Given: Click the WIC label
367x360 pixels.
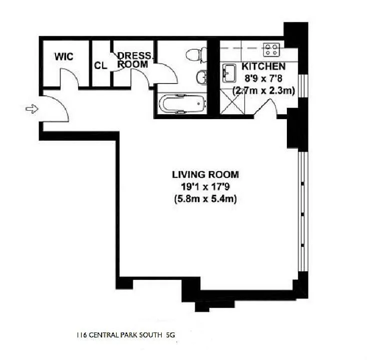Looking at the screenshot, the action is (x=64, y=57).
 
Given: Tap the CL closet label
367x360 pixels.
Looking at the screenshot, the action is (x=101, y=66).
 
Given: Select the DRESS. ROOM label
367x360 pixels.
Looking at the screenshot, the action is (x=134, y=60).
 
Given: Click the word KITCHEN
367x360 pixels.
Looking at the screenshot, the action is (x=263, y=67).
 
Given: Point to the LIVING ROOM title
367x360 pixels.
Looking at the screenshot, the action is (x=205, y=175).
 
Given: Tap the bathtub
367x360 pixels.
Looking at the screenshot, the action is (x=182, y=104).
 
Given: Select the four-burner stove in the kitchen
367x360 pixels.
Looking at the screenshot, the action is (x=271, y=50).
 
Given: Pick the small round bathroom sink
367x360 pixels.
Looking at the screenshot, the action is (x=201, y=77).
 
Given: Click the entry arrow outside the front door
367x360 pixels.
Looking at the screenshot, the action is (x=32, y=109).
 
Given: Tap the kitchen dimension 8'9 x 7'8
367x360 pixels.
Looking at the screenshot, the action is (x=263, y=79).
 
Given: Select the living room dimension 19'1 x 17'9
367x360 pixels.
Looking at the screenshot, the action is (x=205, y=187).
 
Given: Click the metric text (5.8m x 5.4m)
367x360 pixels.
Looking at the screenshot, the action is (x=205, y=199).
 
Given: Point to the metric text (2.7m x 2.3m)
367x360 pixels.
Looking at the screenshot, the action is (x=263, y=91).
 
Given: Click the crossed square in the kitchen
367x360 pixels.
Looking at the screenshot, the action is (x=232, y=101).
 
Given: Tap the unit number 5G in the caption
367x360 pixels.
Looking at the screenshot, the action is (x=170, y=335).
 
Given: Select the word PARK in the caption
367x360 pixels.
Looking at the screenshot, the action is (x=129, y=335).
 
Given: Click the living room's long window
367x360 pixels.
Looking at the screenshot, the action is (x=303, y=212).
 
